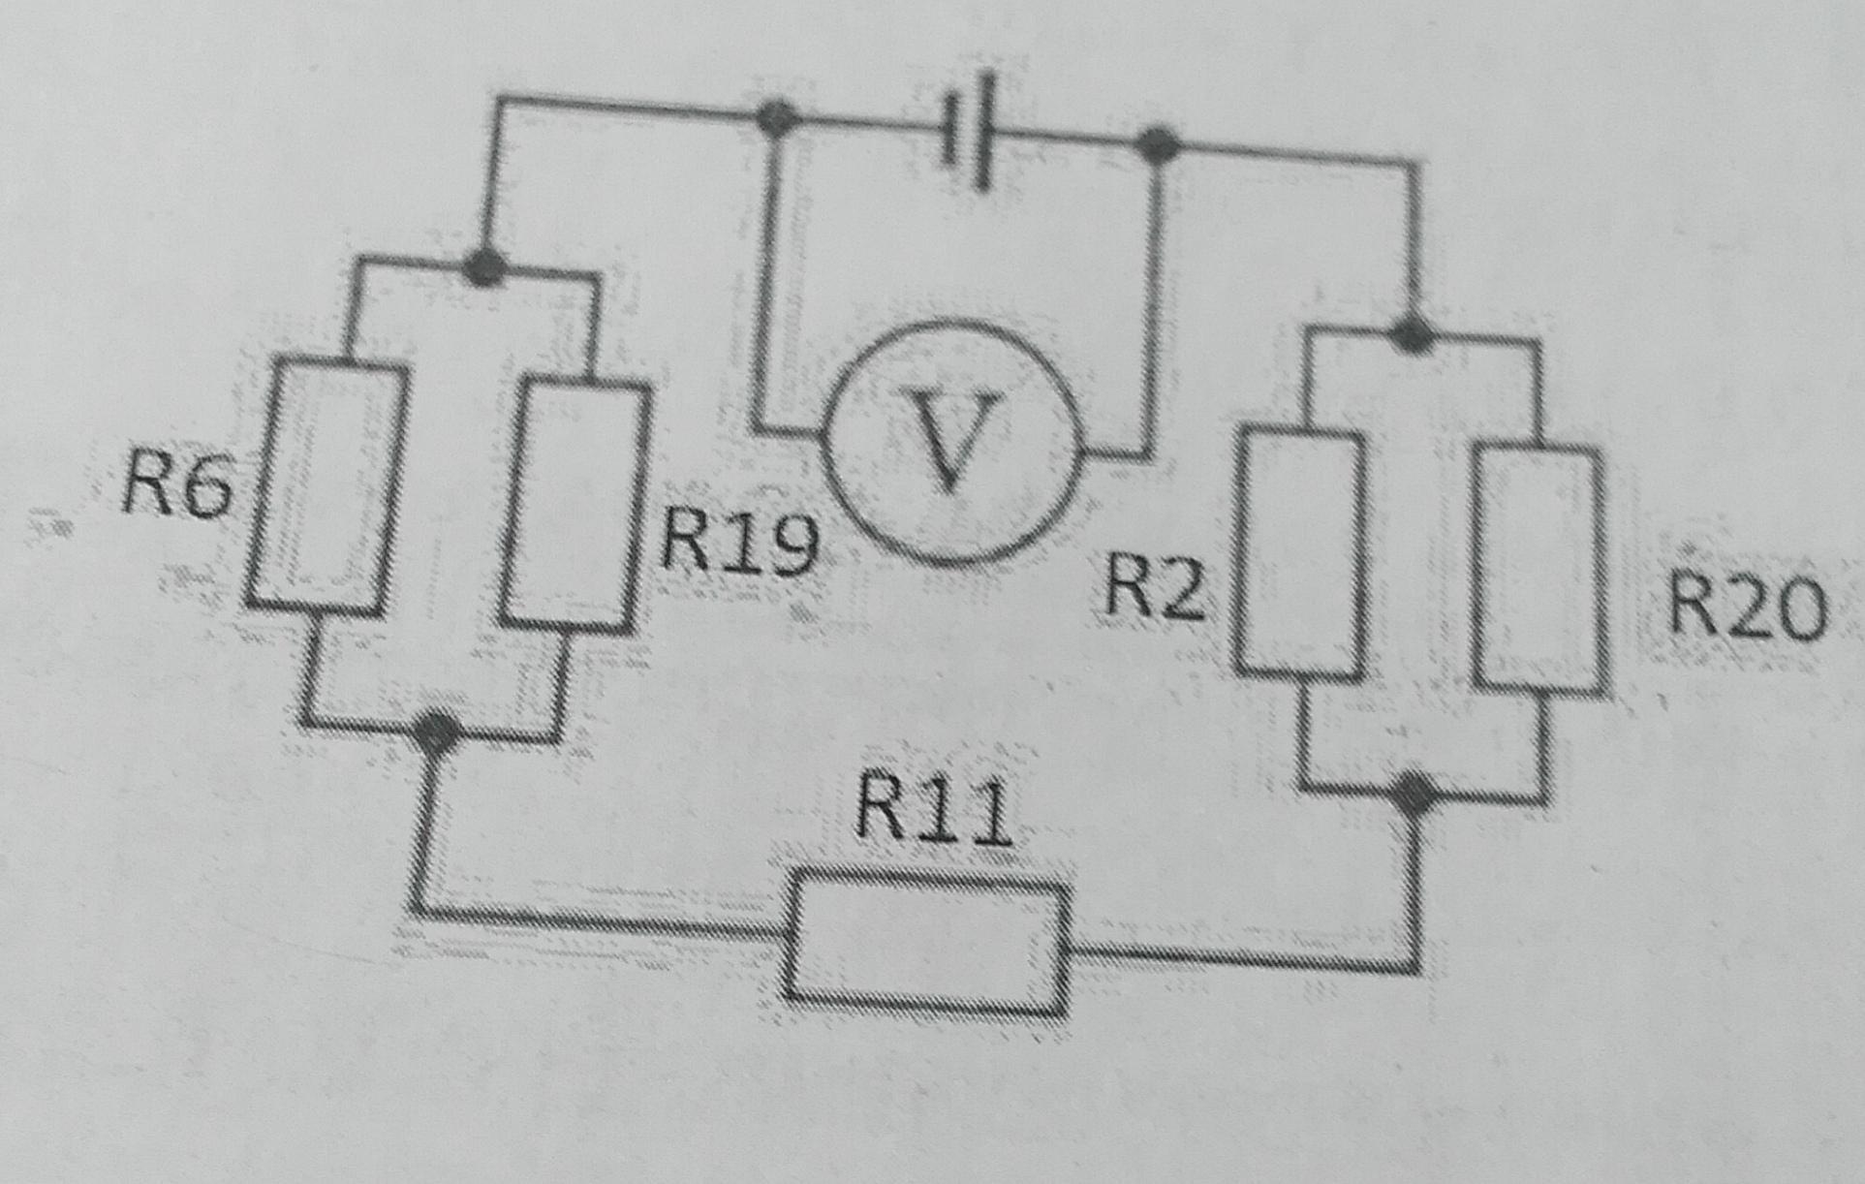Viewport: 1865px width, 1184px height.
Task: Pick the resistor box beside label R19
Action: pyautogui.click(x=575, y=506)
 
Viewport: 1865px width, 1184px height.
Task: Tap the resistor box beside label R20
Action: pyautogui.click(x=1538, y=571)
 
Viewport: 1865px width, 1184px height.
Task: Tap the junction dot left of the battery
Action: pyautogui.click(x=774, y=118)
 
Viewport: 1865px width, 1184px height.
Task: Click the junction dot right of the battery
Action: pyautogui.click(x=1157, y=145)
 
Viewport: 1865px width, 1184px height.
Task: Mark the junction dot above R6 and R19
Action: pyautogui.click(x=483, y=266)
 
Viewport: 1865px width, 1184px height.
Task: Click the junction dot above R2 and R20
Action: pyautogui.click(x=1412, y=335)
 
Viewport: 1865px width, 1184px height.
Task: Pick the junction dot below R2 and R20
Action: pyautogui.click(x=1414, y=795)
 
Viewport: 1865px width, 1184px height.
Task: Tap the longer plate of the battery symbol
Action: pyautogui.click(x=985, y=130)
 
